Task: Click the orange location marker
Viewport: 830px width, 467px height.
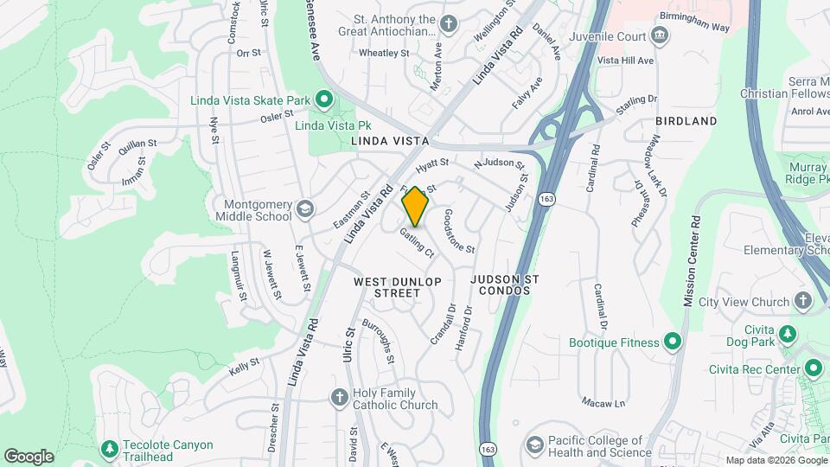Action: [416, 206]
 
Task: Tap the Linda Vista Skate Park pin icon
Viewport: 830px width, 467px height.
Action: [323, 101]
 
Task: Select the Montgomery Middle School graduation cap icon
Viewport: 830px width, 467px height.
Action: [304, 208]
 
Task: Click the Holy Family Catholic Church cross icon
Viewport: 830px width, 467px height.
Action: [340, 396]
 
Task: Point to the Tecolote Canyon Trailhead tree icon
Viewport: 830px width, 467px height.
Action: [108, 449]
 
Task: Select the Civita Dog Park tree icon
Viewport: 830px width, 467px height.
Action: [787, 334]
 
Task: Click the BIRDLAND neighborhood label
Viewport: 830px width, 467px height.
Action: [686, 121]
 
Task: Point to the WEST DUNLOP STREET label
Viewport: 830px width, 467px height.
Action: [398, 287]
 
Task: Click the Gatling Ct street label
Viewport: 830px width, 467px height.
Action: [417, 242]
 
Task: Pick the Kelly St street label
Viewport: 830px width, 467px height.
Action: [244, 366]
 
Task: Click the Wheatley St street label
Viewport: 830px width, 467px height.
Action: [383, 53]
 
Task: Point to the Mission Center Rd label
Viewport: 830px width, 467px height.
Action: [693, 260]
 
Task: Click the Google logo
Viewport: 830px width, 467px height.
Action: [29, 456]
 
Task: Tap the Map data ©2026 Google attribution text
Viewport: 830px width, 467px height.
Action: [776, 460]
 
